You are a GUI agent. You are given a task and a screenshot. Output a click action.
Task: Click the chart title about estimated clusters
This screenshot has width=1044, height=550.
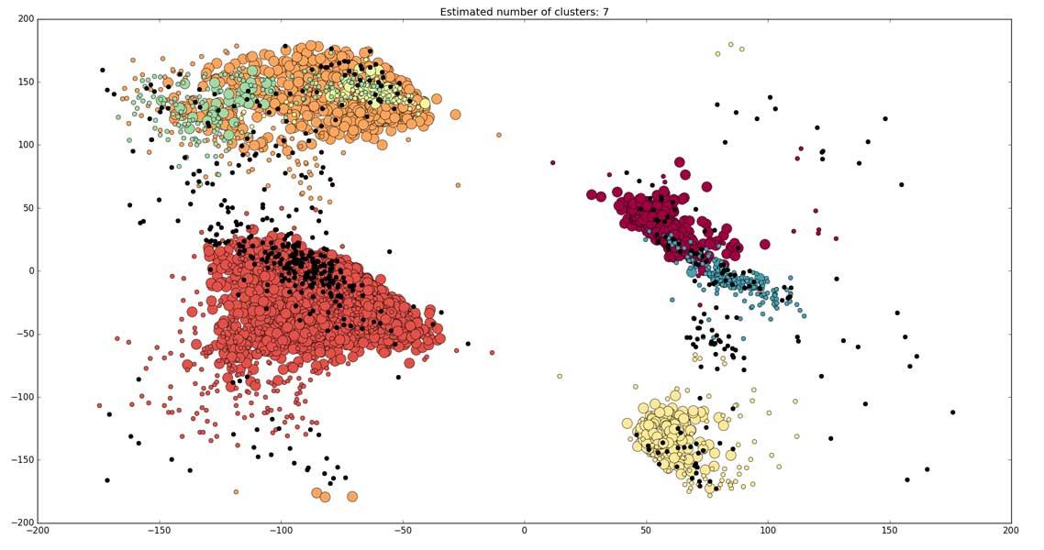(x=524, y=12)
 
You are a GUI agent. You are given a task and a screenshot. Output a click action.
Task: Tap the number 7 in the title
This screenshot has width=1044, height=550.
(x=605, y=12)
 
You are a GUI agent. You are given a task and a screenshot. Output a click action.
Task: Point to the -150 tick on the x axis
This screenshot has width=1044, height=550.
(x=160, y=530)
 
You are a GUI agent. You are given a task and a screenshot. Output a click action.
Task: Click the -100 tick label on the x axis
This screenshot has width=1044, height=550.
(x=281, y=530)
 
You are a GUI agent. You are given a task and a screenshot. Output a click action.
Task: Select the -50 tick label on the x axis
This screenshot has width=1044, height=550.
(x=403, y=530)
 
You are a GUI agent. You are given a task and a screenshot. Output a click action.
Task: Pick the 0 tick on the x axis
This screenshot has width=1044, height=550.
(x=525, y=530)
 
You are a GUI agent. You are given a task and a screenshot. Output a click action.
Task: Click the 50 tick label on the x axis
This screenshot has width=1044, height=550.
(x=646, y=530)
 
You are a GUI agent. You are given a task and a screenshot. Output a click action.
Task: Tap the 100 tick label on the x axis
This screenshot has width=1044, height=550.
(x=768, y=530)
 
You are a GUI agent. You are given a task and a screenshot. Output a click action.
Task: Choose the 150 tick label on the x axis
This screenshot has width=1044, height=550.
(x=889, y=530)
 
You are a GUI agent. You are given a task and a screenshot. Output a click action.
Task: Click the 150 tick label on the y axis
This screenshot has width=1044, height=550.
(x=24, y=82)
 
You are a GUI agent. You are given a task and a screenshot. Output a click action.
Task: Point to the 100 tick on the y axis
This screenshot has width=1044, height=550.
(x=24, y=145)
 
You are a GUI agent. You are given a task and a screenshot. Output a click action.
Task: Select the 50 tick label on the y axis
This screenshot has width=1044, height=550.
(x=27, y=208)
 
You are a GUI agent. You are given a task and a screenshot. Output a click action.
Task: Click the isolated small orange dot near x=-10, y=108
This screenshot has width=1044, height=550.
(x=499, y=135)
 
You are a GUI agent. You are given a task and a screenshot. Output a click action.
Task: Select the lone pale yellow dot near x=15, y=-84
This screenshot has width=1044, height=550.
(x=560, y=376)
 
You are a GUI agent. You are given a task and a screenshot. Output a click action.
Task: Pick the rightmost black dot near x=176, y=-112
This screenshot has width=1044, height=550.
(x=953, y=412)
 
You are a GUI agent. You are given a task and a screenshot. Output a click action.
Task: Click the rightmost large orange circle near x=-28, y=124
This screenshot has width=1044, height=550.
(x=455, y=115)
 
